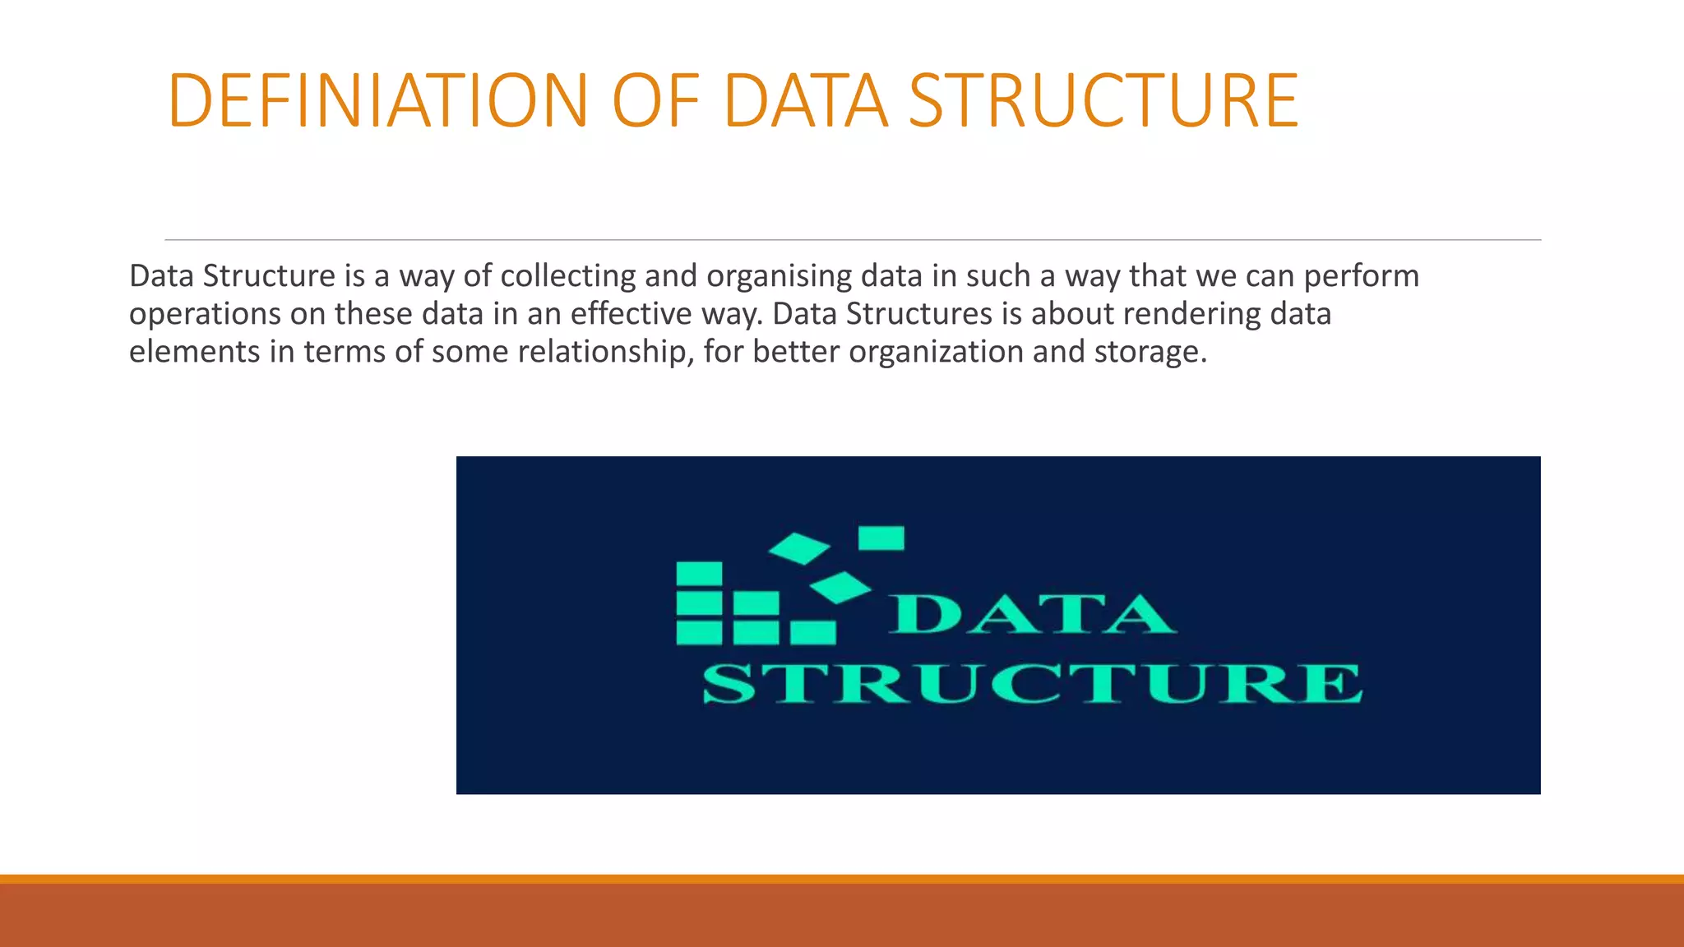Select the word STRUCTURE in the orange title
(x=1103, y=101)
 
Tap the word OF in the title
(x=655, y=101)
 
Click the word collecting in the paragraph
(x=567, y=276)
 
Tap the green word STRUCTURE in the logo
(x=1032, y=684)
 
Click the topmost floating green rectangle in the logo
(x=881, y=538)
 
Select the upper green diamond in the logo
(x=799, y=548)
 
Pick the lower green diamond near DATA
(x=840, y=587)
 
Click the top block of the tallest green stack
(x=699, y=573)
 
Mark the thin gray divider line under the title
(x=852, y=240)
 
